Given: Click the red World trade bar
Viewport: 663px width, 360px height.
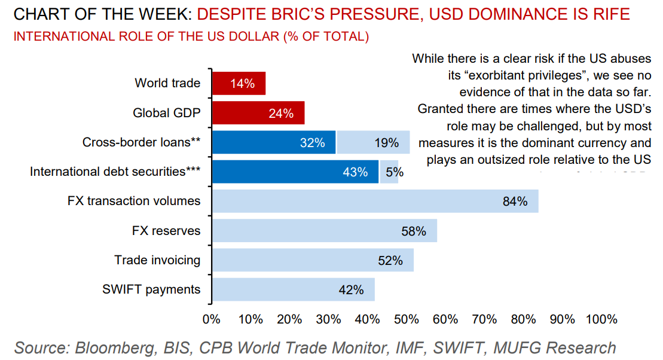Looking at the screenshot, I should tap(239, 84).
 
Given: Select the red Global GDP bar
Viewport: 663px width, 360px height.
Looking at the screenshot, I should tap(258, 113).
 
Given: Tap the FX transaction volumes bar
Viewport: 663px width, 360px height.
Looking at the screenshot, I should tap(375, 201).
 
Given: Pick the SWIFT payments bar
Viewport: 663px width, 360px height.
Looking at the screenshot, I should tap(293, 289).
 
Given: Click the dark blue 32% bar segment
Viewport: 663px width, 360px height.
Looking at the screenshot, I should tap(274, 142).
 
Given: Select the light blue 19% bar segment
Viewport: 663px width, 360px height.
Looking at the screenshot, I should tap(373, 142).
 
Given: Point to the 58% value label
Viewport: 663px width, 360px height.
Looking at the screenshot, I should tap(414, 231).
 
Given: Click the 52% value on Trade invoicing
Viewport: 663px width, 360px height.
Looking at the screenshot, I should tap(390, 260).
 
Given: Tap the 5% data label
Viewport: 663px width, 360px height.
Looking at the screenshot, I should tap(395, 172).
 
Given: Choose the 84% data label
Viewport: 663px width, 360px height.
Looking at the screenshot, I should tap(515, 202).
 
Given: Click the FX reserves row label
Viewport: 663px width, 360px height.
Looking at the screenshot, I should tap(166, 231).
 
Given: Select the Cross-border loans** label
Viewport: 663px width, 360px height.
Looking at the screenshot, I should tap(141, 142).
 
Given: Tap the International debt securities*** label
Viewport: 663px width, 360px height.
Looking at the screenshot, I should tap(115, 172).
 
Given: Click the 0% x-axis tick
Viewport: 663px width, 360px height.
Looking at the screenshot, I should tap(212, 319).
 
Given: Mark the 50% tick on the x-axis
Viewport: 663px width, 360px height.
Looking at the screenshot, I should tap(407, 319).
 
